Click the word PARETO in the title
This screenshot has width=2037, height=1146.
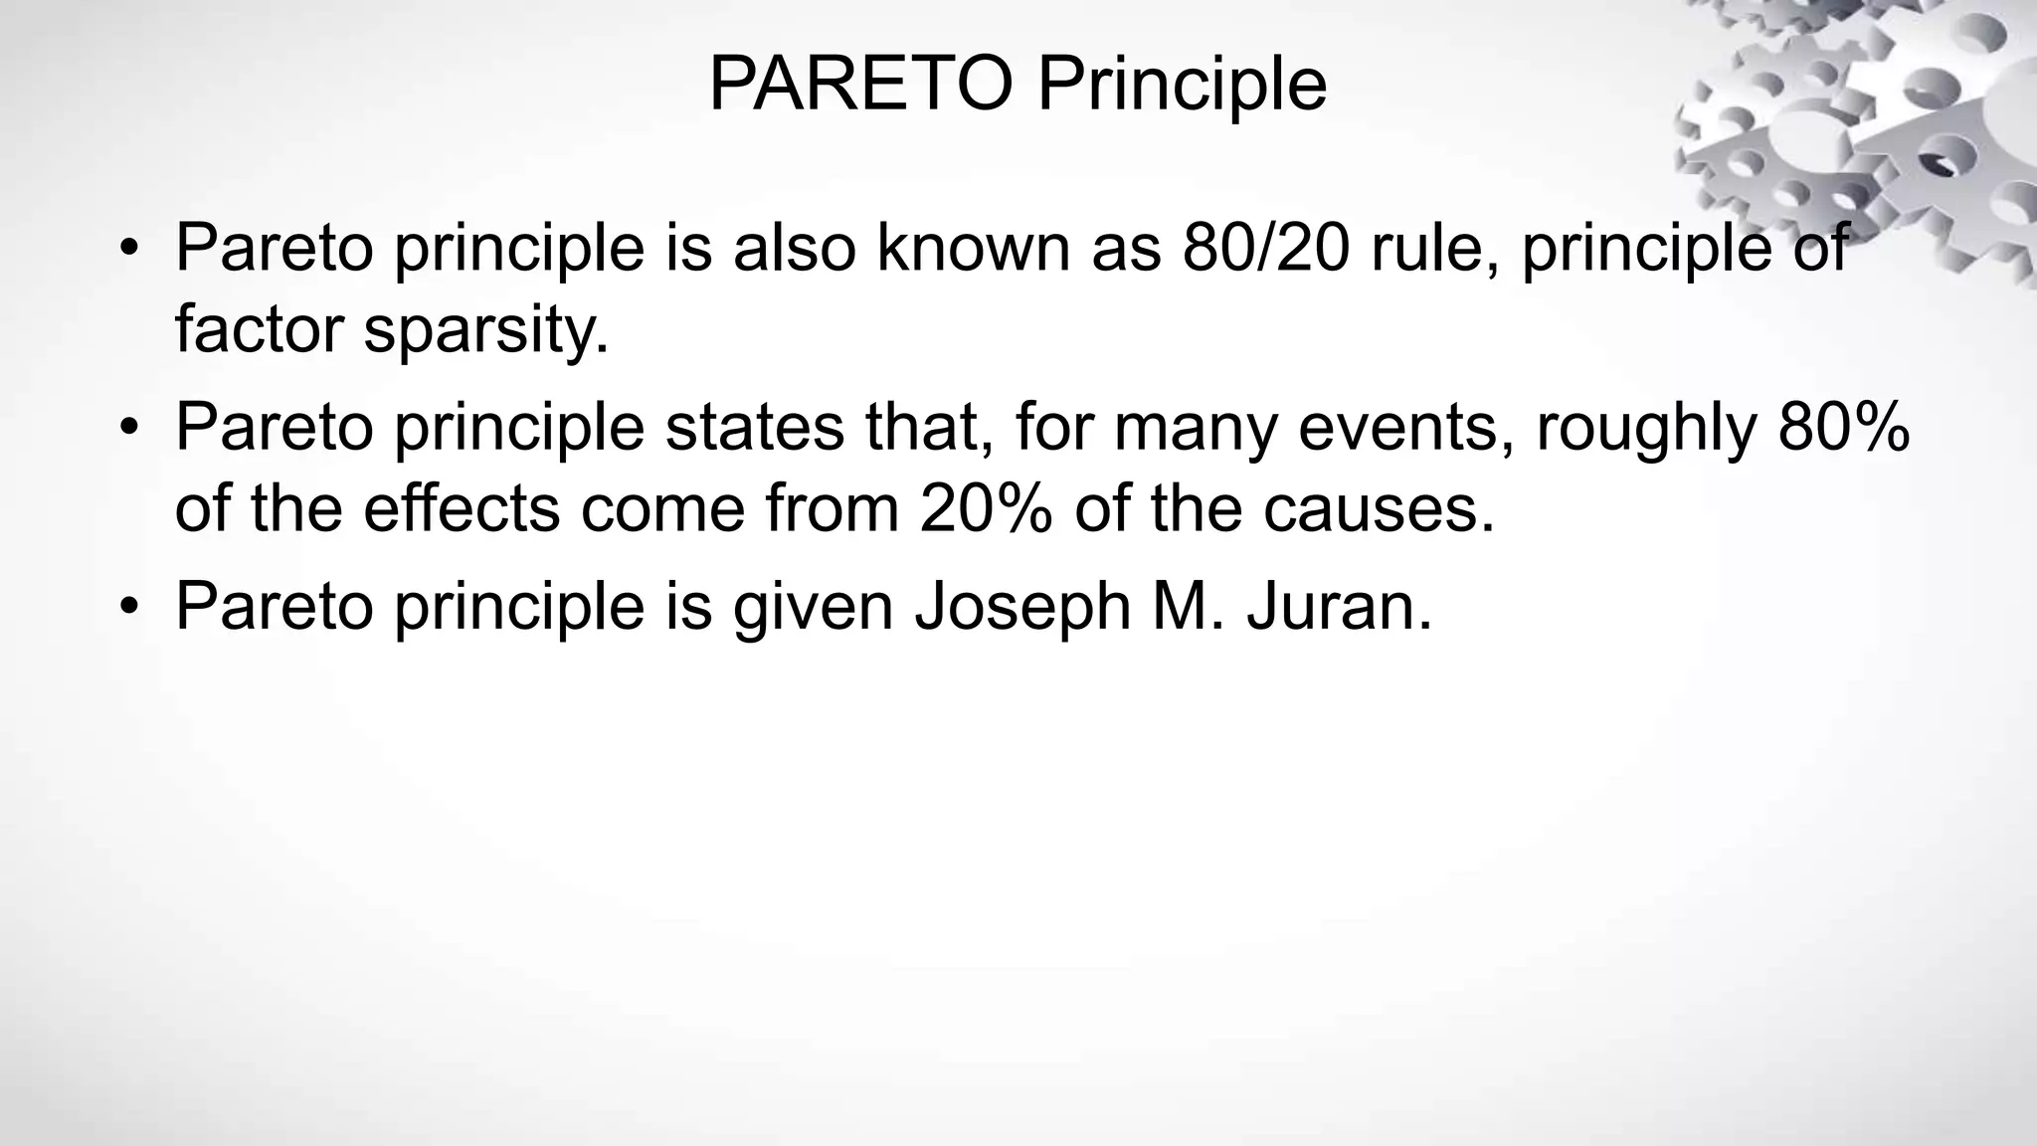(860, 86)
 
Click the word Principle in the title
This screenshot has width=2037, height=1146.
(1182, 86)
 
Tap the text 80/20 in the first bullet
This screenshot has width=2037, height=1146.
(1266, 248)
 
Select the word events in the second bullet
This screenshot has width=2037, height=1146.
(1407, 427)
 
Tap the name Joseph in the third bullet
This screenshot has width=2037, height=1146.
(1022, 606)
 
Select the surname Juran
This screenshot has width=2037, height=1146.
(1339, 606)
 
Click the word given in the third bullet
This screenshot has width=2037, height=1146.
(814, 606)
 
